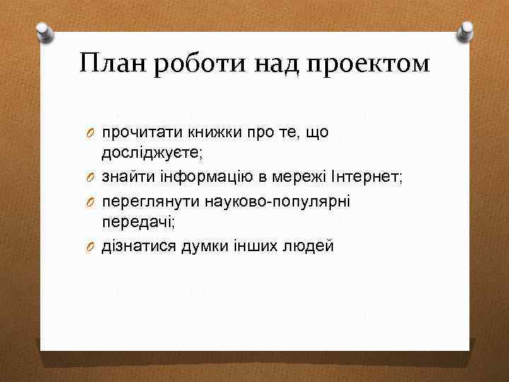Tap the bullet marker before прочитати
pos(91,132)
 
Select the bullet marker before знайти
pos(91,177)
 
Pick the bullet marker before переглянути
pos(91,202)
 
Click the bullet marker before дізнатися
pos(91,246)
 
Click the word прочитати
pos(135,132)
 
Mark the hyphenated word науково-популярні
pos(278,202)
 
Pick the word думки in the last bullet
pos(204,246)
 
